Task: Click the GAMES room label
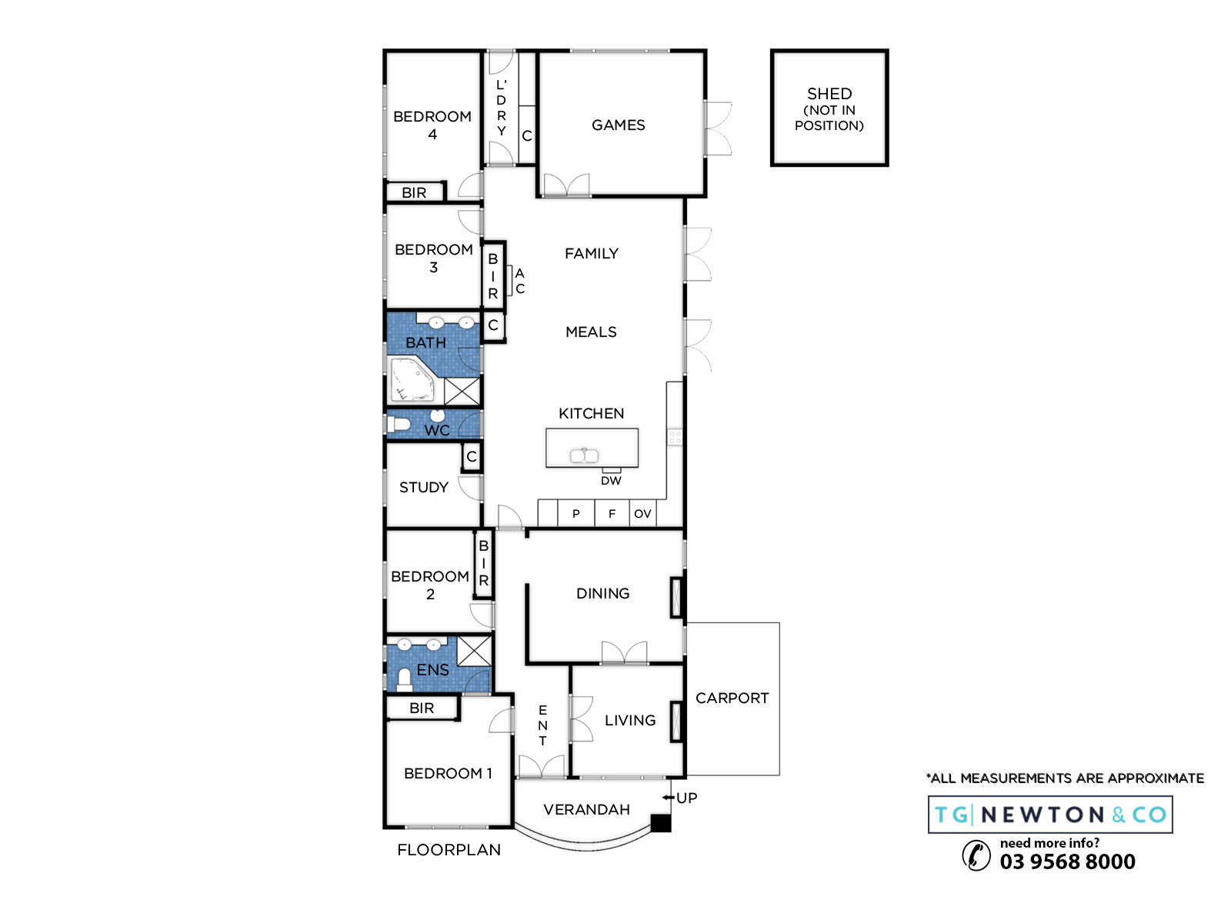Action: coord(618,125)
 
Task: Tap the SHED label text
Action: coord(829,94)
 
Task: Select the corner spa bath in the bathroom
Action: coord(412,379)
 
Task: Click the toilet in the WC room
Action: coord(398,424)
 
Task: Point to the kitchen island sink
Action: coord(584,455)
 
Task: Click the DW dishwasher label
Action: coord(611,481)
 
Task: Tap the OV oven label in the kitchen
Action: coord(642,514)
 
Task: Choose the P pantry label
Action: coord(576,514)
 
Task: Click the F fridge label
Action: coord(612,514)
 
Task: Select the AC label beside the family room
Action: coord(520,281)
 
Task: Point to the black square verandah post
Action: coord(661,823)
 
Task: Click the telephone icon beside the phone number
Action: coord(976,856)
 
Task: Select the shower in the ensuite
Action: coord(475,651)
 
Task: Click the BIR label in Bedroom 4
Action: coord(414,193)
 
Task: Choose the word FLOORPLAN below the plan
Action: coord(449,850)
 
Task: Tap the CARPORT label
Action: coord(732,698)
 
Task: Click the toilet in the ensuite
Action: coord(405,680)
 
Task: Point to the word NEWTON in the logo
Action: coord(1043,815)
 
